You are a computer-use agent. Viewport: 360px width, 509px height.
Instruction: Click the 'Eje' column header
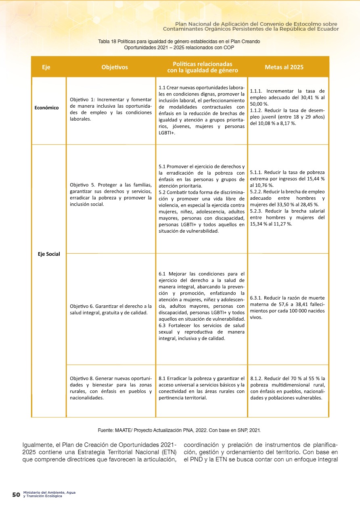click(x=46, y=67)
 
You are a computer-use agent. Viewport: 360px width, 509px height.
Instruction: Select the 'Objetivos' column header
click(x=115, y=67)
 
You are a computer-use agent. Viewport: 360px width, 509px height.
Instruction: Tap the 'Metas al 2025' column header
click(x=284, y=67)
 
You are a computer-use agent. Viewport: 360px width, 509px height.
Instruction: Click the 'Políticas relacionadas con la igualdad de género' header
click(x=202, y=67)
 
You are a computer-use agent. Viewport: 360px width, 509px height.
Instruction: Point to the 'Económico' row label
click(x=46, y=108)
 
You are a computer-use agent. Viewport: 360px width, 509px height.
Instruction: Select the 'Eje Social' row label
click(x=49, y=254)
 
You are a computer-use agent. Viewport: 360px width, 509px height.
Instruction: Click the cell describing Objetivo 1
click(x=111, y=109)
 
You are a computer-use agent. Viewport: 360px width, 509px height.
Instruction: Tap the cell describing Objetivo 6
click(x=111, y=309)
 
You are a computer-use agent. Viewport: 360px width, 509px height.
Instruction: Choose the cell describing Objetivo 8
click(x=111, y=388)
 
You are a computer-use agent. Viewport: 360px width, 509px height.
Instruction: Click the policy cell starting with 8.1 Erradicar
click(x=202, y=388)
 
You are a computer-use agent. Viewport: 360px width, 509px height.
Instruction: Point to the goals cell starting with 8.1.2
click(x=287, y=388)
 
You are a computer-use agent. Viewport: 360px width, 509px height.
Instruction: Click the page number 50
click(x=16, y=495)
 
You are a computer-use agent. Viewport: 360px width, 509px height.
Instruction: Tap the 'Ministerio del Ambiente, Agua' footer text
click(x=49, y=493)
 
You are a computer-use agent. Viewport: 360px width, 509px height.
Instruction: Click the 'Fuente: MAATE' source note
click(x=182, y=430)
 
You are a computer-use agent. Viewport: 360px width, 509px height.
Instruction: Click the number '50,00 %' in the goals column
click(x=260, y=104)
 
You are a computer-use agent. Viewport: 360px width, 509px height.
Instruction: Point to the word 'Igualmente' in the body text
click(x=37, y=446)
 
